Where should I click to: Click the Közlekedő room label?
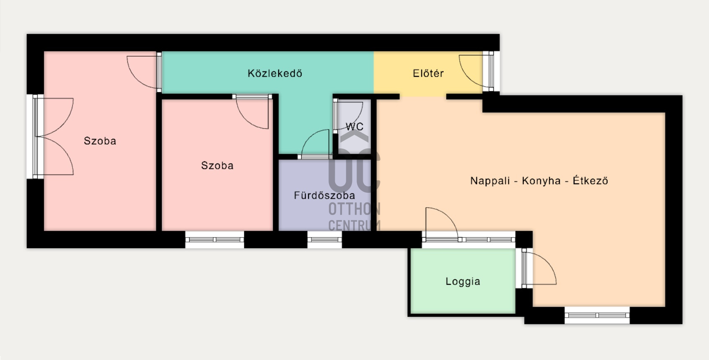point(275,73)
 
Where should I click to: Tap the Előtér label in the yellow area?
point(428,73)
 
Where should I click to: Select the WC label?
point(354,127)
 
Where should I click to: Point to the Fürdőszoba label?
point(324,195)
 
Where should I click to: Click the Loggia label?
point(463,281)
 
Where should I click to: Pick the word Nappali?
point(490,181)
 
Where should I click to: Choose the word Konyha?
point(541,181)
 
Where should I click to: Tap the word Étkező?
point(590,180)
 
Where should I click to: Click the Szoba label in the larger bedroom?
point(100,141)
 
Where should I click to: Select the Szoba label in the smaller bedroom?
point(217,165)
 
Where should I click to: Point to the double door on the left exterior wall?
point(53,137)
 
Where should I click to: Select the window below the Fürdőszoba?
point(324,240)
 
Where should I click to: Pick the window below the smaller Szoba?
point(215,240)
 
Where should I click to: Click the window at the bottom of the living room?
point(597,315)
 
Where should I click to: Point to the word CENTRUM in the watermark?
point(354,225)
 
